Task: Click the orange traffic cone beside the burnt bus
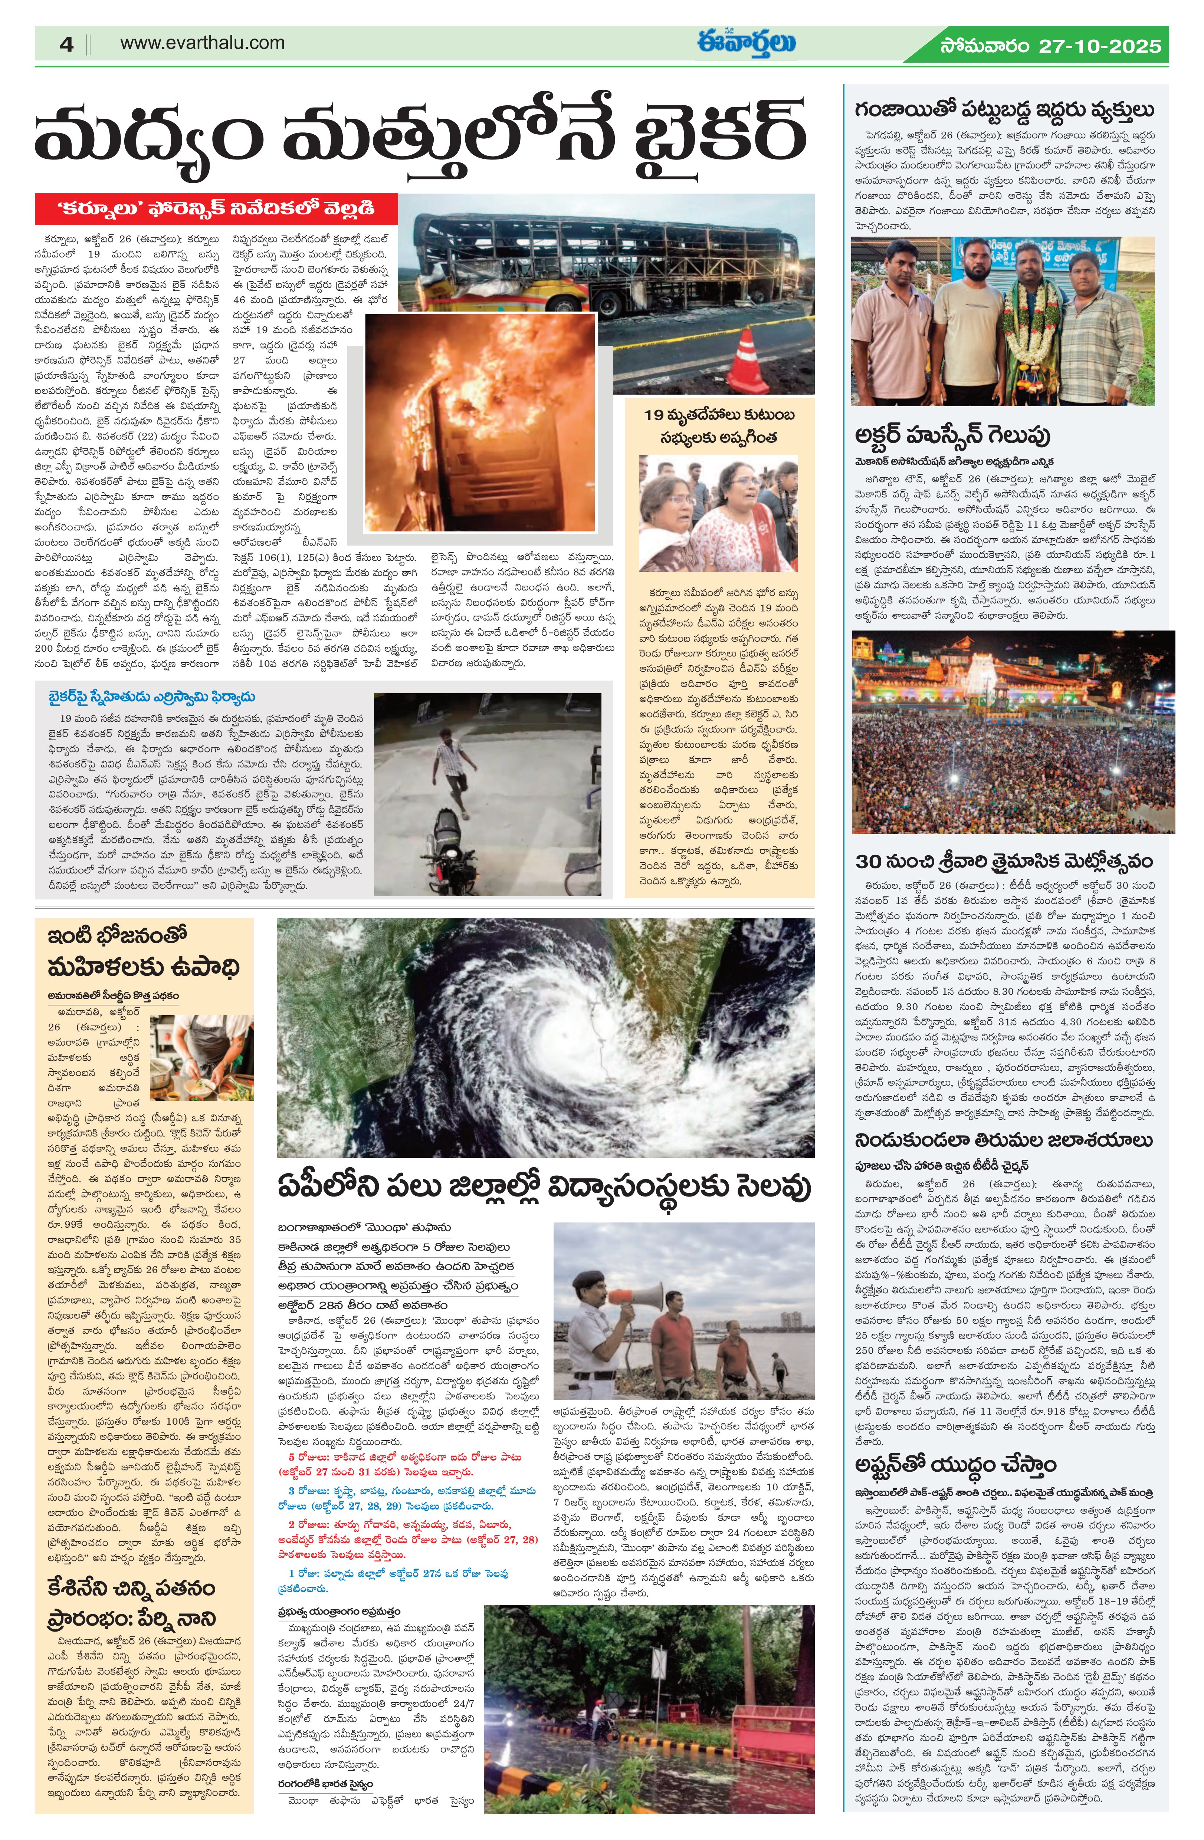pyautogui.click(x=748, y=360)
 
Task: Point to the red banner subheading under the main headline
pyautogui.click(x=217, y=209)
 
